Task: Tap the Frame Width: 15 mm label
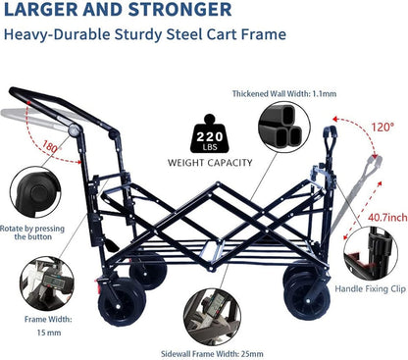38,326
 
